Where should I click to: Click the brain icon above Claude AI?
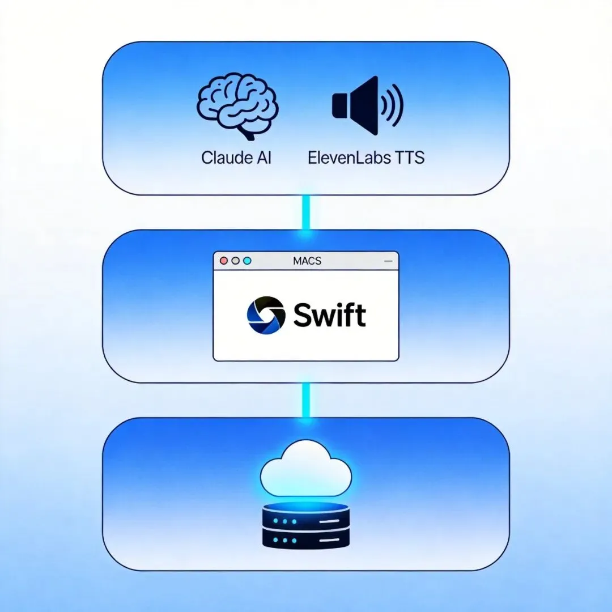[x=237, y=107]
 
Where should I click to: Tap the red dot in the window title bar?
[x=223, y=261]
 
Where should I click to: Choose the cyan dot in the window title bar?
[x=246, y=261]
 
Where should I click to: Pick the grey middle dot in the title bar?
[x=235, y=261]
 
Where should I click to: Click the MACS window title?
[x=307, y=261]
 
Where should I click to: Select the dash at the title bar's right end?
[x=388, y=261]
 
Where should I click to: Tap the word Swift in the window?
[x=329, y=315]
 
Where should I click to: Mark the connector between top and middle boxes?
[x=306, y=212]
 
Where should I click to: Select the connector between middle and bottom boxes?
[x=306, y=400]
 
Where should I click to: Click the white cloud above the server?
[x=306, y=468]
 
